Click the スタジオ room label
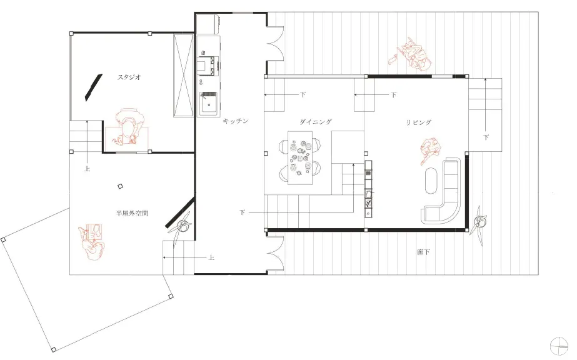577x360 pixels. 129,77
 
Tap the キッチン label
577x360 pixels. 236,121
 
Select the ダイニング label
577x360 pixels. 316,122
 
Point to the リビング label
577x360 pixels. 419,122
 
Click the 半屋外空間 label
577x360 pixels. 132,213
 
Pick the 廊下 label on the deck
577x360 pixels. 424,252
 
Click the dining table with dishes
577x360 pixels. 300,158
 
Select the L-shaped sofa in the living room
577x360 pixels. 441,191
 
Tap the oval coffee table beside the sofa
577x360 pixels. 431,181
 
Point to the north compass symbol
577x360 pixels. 559,346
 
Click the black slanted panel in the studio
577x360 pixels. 94,87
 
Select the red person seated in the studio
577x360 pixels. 128,126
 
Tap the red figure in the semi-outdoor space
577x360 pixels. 91,242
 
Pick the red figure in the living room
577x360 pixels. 430,151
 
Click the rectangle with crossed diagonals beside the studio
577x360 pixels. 183,76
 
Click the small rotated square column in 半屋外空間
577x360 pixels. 120,187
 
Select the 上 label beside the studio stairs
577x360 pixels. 88,169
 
